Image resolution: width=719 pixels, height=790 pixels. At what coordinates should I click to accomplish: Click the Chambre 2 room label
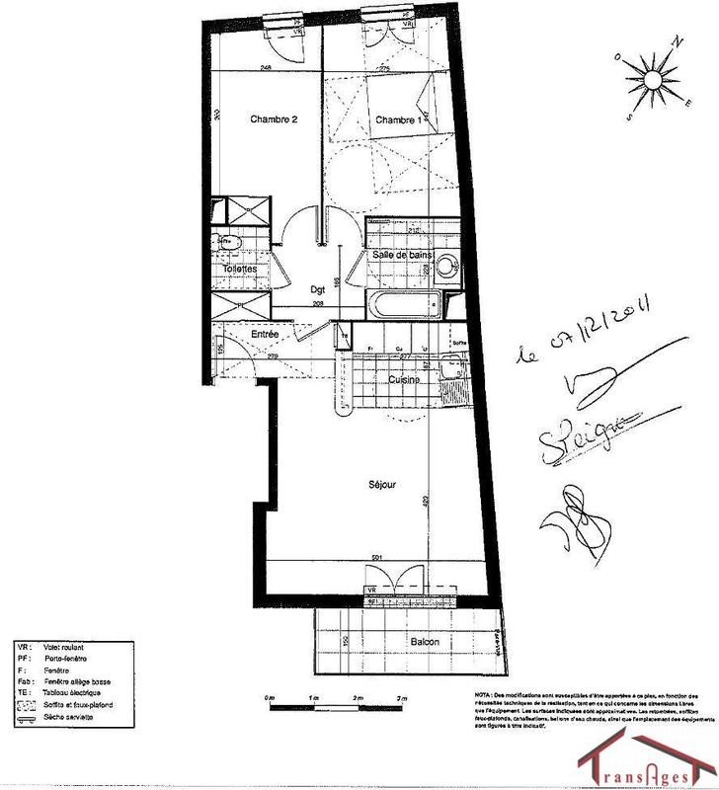[274, 119]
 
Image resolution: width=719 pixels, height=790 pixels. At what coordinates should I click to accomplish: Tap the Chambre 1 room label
[399, 119]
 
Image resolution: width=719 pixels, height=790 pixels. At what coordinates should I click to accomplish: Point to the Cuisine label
[403, 379]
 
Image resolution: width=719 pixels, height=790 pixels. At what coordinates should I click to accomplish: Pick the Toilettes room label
[240, 269]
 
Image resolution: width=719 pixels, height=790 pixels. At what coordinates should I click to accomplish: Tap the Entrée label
[264, 336]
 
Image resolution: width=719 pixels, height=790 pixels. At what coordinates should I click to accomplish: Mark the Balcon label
[425, 643]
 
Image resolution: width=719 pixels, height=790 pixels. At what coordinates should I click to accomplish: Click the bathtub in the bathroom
[404, 303]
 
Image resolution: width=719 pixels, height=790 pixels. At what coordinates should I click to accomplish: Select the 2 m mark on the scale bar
[358, 698]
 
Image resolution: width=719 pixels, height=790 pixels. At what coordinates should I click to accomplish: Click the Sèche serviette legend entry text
[68, 717]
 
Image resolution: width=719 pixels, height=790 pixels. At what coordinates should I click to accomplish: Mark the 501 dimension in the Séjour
[376, 559]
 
